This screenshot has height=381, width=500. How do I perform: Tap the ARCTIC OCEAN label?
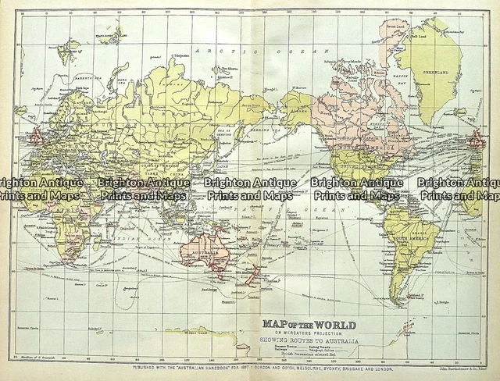[x=219, y=49]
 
